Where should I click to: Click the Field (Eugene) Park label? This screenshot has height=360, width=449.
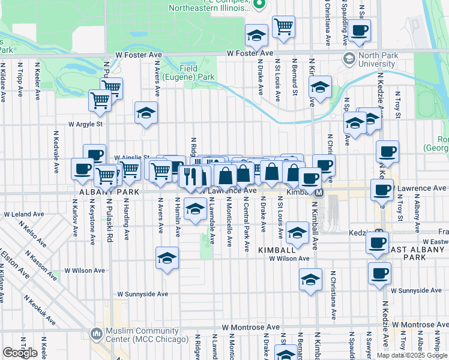coord(196,73)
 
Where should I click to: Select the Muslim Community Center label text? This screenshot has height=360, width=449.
coord(133,335)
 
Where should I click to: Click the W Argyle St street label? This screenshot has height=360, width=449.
coord(86,124)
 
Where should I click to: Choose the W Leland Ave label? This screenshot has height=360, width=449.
coord(25,214)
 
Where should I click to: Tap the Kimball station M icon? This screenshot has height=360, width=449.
coord(320,193)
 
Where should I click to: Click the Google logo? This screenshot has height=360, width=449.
coord(20,353)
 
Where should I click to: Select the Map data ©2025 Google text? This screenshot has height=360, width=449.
coord(412,355)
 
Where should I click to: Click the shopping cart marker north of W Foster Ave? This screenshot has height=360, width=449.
coord(283,26)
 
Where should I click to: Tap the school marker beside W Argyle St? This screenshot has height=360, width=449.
coord(145,113)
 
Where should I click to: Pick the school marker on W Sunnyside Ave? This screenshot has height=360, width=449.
coord(310,279)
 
